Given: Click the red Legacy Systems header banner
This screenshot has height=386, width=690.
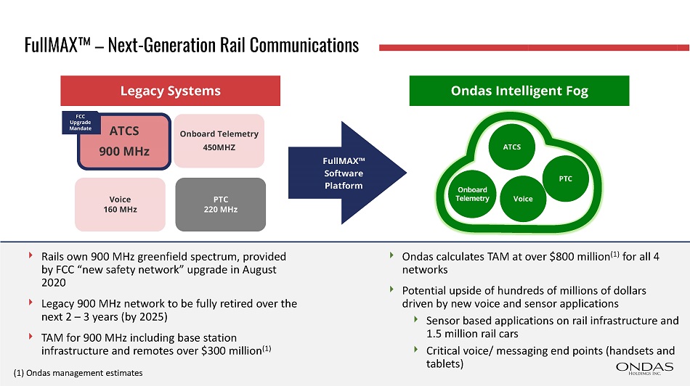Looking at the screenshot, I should [x=170, y=91].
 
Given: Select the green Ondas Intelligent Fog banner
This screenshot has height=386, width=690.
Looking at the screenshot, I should [x=519, y=91].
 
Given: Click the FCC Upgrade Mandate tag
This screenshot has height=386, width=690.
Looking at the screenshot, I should [x=80, y=121].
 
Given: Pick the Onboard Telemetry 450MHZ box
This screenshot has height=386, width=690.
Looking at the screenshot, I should [x=219, y=141].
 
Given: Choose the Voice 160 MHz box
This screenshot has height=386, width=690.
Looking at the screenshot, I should [x=120, y=203].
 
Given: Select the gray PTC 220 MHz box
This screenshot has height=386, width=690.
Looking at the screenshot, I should [x=220, y=203].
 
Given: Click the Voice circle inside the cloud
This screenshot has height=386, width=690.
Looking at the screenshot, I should [x=523, y=199].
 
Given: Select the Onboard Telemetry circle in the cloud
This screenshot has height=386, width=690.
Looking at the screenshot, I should [x=472, y=194].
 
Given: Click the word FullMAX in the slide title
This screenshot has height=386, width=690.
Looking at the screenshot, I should [x=48, y=45].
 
